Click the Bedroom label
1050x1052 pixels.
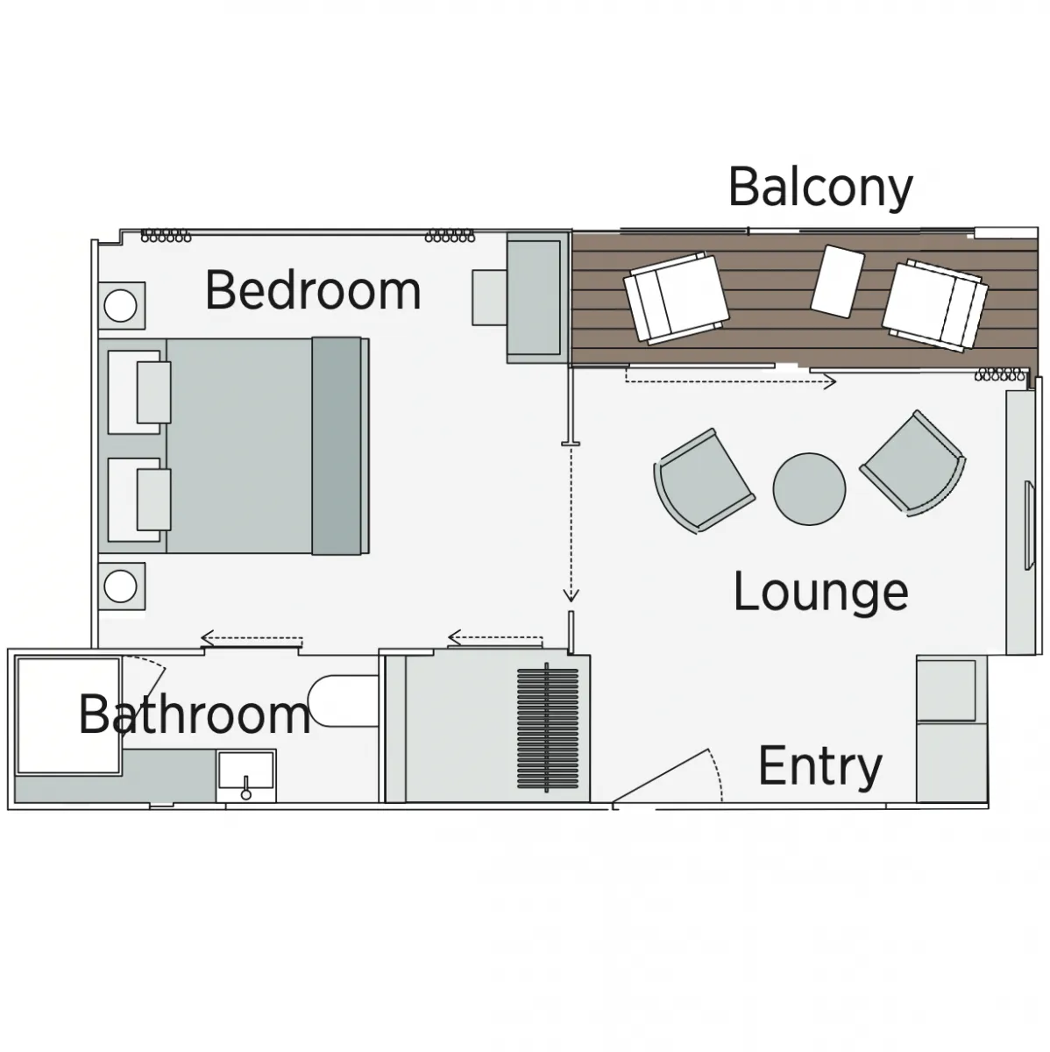click(x=313, y=290)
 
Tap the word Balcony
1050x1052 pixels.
click(x=820, y=188)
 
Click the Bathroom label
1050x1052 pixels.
click(x=195, y=714)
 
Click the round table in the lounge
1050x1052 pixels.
click(x=809, y=489)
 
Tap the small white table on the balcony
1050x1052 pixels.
click(x=837, y=281)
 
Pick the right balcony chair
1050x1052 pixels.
click(x=935, y=305)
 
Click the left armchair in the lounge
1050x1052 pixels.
click(x=703, y=481)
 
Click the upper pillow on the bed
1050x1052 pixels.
click(x=153, y=392)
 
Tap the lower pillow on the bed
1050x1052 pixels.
click(x=153, y=500)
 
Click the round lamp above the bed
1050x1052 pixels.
click(x=120, y=306)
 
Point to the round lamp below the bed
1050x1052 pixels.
click(x=120, y=586)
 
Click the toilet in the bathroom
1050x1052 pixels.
click(x=343, y=701)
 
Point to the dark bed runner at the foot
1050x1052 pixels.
click(x=337, y=446)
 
